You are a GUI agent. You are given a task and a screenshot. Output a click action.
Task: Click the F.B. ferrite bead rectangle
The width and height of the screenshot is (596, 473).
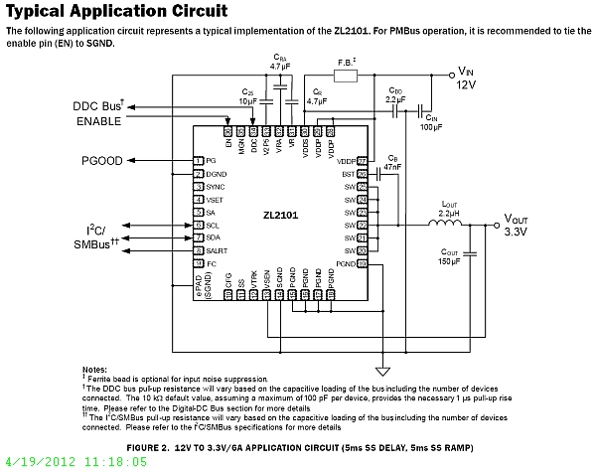point(346,76)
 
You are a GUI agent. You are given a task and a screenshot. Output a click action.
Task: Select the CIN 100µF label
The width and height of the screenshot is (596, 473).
point(430,122)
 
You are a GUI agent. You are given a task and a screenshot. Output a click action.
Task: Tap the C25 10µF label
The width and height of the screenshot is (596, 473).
point(249,97)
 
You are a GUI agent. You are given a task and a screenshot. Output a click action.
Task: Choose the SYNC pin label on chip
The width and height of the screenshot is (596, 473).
point(217,186)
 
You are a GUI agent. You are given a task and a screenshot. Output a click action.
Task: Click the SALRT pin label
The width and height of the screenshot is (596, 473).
point(219,252)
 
